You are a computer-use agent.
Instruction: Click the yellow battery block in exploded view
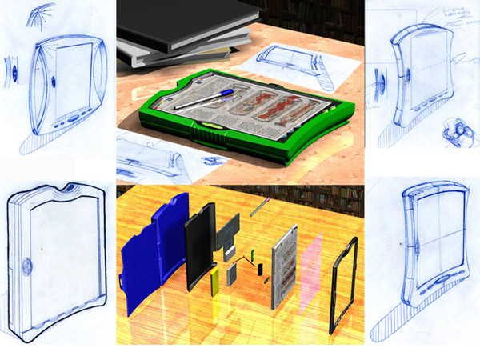(x=215, y=281)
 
